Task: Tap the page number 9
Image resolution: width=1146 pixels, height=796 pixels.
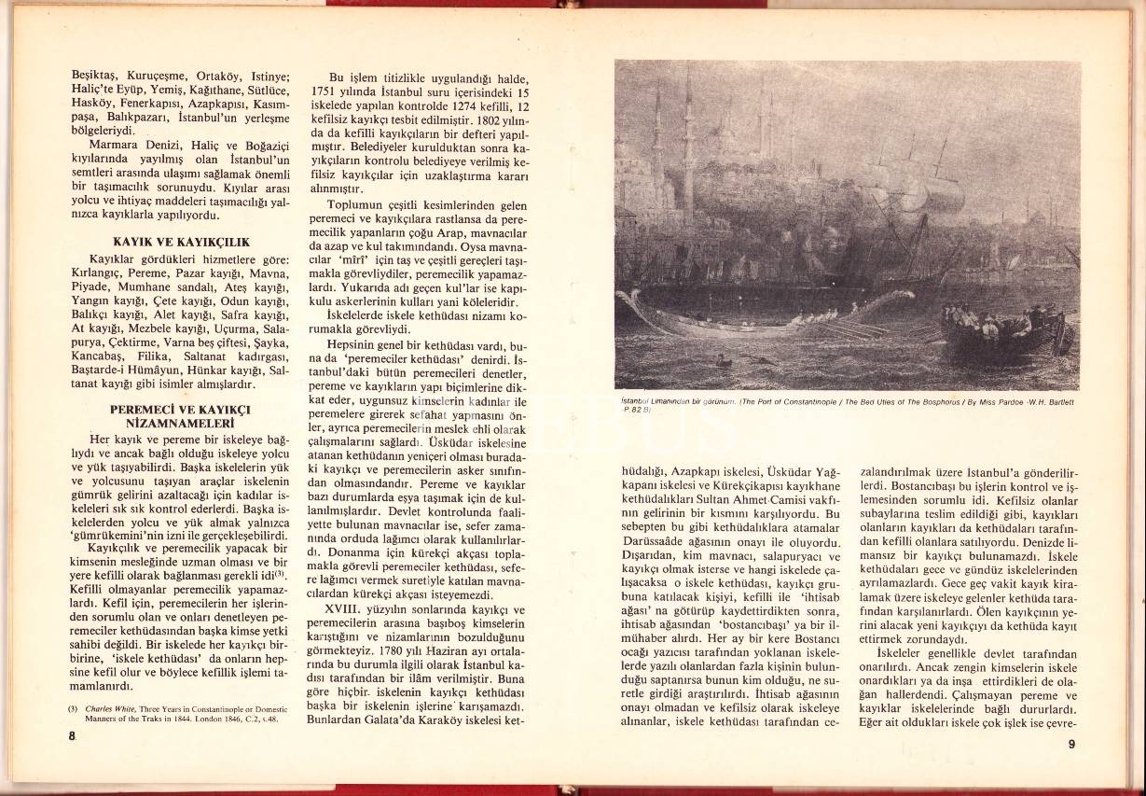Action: click(x=1072, y=744)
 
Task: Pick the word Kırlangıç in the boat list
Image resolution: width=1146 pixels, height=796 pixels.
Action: click(x=99, y=272)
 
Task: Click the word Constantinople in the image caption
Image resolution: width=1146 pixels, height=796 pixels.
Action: click(x=811, y=402)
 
